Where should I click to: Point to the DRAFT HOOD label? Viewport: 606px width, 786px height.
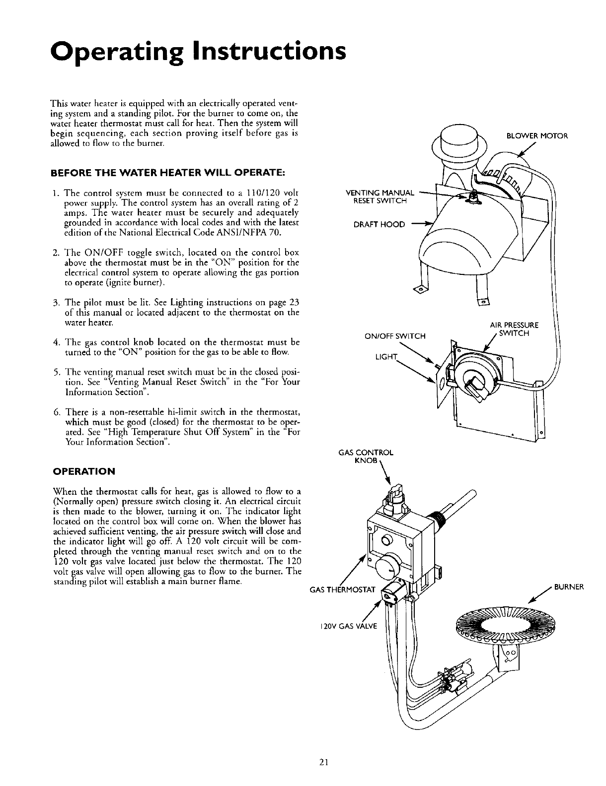coord(379,225)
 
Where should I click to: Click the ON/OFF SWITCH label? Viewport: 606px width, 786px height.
coord(395,336)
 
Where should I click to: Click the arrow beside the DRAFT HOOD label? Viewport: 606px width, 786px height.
coord(424,225)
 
